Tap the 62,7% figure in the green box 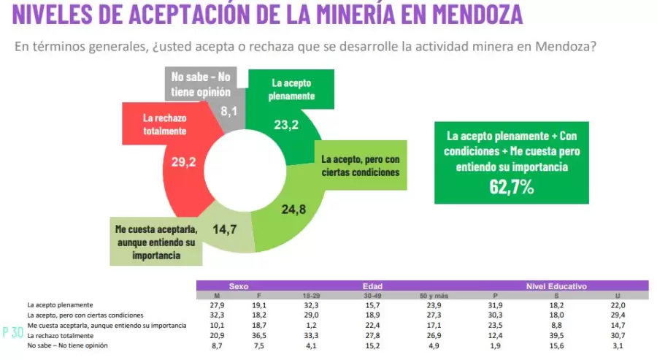(x=511, y=188)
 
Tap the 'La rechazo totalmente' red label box (x=164, y=124)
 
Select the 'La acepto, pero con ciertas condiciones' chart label (x=361, y=165)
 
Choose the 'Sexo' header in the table (x=239, y=286)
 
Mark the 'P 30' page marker (x=12, y=332)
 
